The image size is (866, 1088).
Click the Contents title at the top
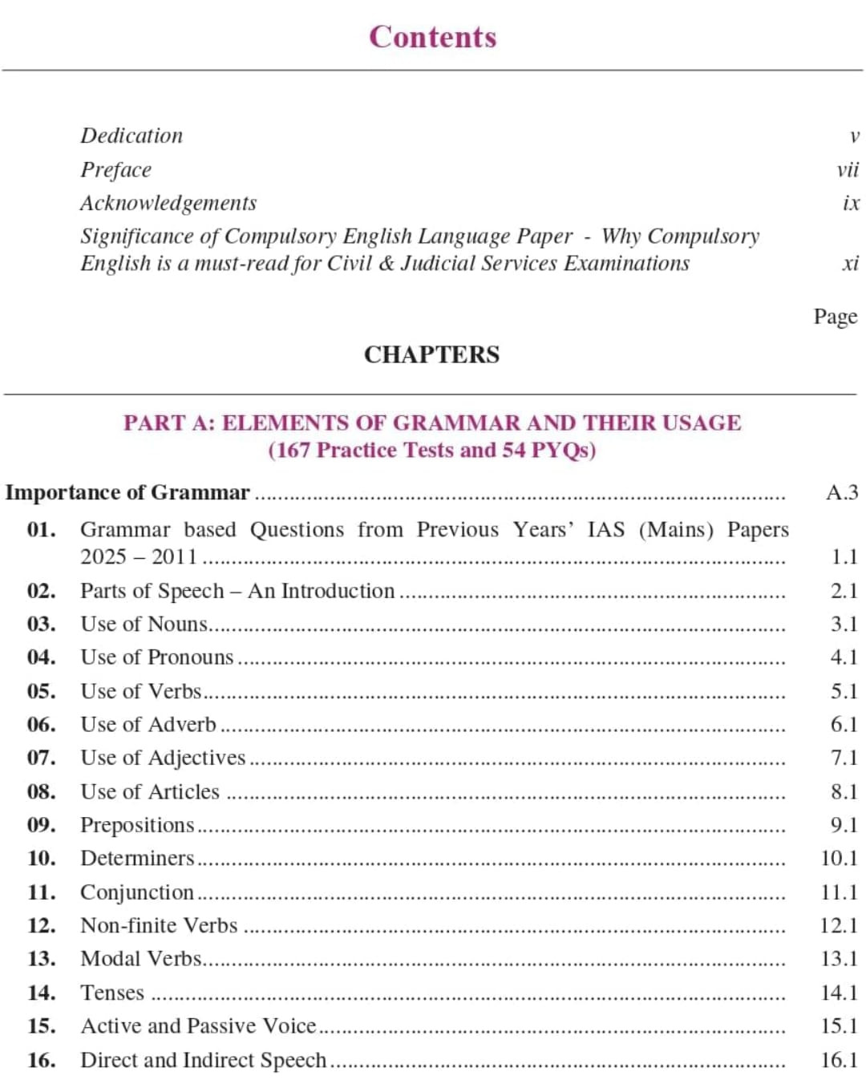click(x=432, y=37)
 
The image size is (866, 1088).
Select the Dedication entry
click(x=132, y=135)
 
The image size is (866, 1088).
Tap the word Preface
click(x=115, y=170)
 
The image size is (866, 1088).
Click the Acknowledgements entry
click(x=168, y=203)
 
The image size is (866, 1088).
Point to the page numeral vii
click(x=847, y=170)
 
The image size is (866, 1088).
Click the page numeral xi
click(x=850, y=263)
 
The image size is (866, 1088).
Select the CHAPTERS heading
click(x=431, y=354)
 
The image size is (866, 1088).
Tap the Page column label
click(x=835, y=317)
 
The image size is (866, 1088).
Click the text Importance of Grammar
click(x=127, y=492)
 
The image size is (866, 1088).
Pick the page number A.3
click(x=841, y=492)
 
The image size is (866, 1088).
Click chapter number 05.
click(x=41, y=691)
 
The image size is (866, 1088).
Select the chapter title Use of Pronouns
click(x=157, y=657)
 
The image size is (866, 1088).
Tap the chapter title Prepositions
click(x=137, y=825)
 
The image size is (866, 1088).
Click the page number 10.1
click(x=839, y=859)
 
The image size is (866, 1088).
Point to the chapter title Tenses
click(x=112, y=993)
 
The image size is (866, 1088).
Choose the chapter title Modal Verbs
click(x=141, y=959)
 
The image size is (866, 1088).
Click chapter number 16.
click(x=41, y=1060)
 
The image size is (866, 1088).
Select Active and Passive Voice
click(x=198, y=1026)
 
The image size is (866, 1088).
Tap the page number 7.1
click(x=844, y=758)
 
